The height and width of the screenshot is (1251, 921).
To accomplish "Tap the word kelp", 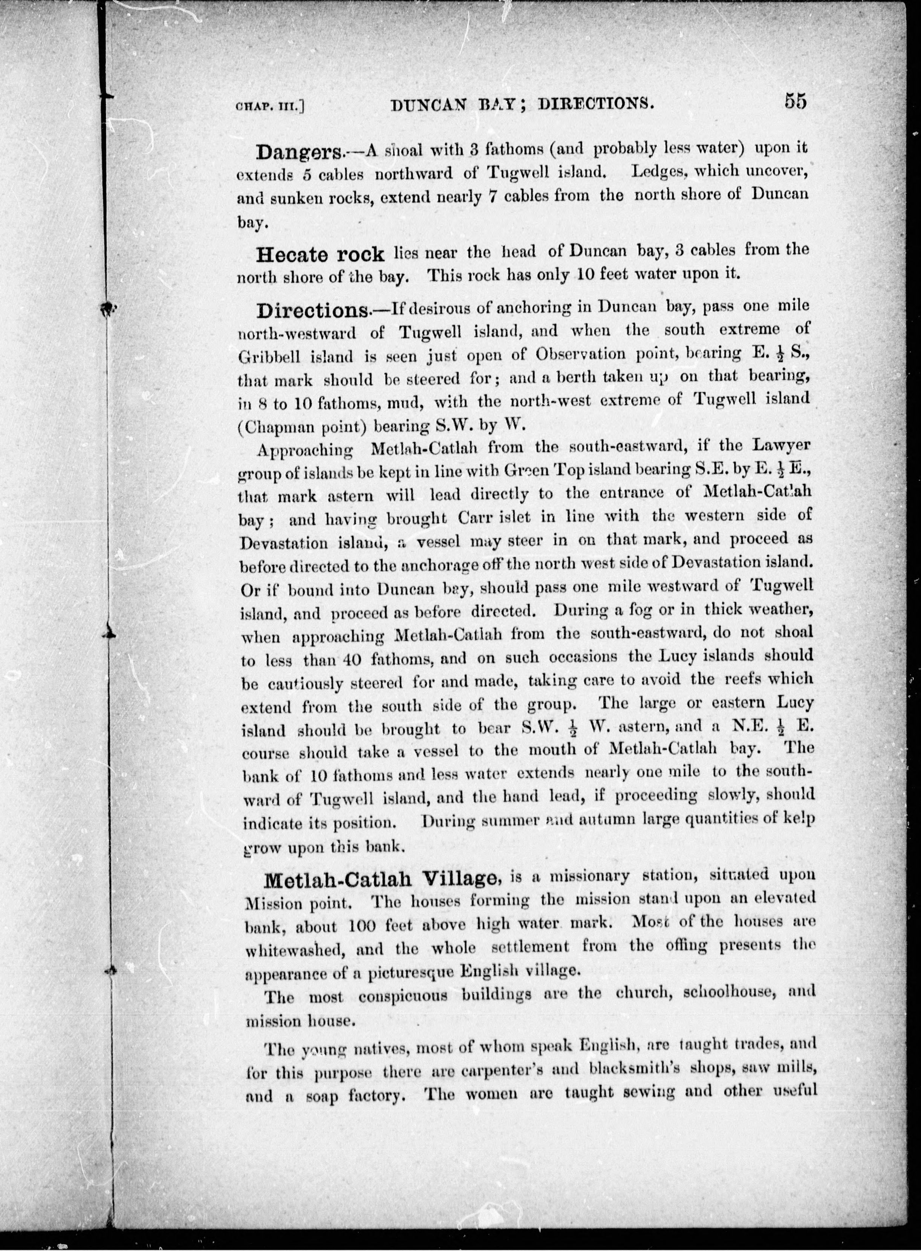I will click(799, 818).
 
